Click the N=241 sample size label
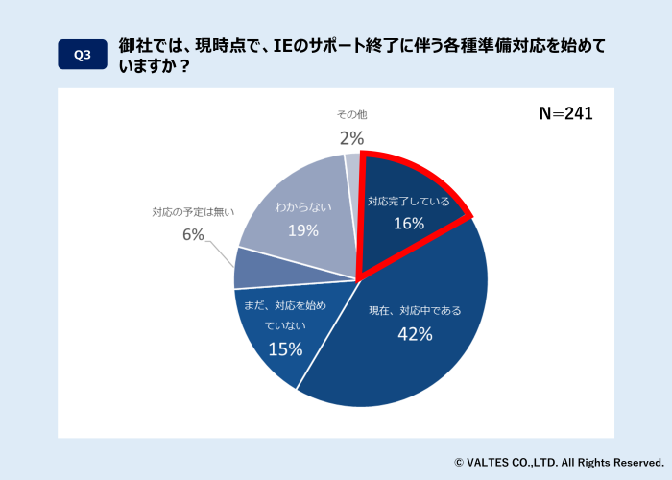pyautogui.click(x=565, y=113)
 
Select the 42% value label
pyautogui.click(x=416, y=334)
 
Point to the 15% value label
pyautogui.click(x=285, y=349)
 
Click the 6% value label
pyautogui.click(x=193, y=234)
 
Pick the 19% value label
pyautogui.click(x=303, y=230)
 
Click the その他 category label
pyautogui.click(x=351, y=114)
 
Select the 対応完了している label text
pyautogui.click(x=408, y=201)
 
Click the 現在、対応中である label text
pyautogui.click(x=416, y=310)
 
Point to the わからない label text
pyautogui.click(x=304, y=206)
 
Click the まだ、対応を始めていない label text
pyautogui.click(x=285, y=316)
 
